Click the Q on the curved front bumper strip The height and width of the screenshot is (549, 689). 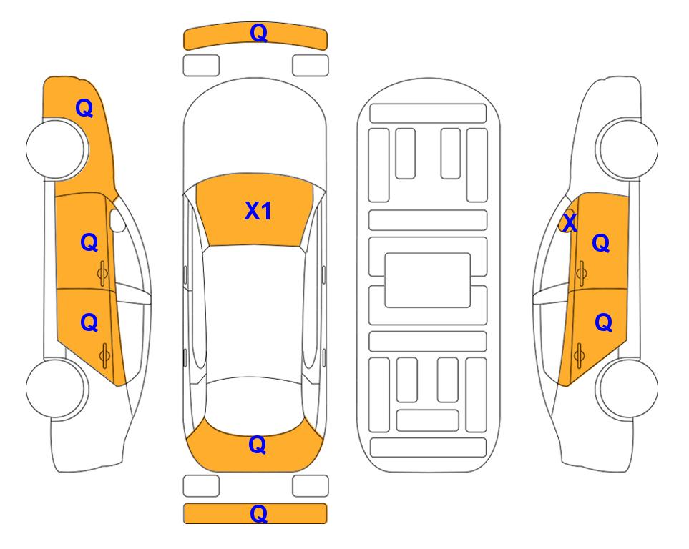258,33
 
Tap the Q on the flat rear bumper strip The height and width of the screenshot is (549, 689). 258,513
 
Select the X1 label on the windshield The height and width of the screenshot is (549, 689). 258,211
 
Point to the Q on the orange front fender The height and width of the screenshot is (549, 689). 84,108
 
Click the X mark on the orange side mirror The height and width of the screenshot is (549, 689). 570,222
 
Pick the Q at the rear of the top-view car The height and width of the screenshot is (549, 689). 258,445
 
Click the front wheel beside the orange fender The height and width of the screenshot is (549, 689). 56,149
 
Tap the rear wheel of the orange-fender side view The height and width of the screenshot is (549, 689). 56,388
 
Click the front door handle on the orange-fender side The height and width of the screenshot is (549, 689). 103,273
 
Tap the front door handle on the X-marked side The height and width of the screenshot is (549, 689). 581,273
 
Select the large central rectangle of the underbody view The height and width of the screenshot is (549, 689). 428,280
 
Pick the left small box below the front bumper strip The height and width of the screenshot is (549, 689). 201,66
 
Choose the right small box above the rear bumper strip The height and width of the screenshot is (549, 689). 311,486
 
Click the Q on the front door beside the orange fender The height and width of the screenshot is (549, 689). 89,242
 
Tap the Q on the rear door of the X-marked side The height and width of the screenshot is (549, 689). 603,323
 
